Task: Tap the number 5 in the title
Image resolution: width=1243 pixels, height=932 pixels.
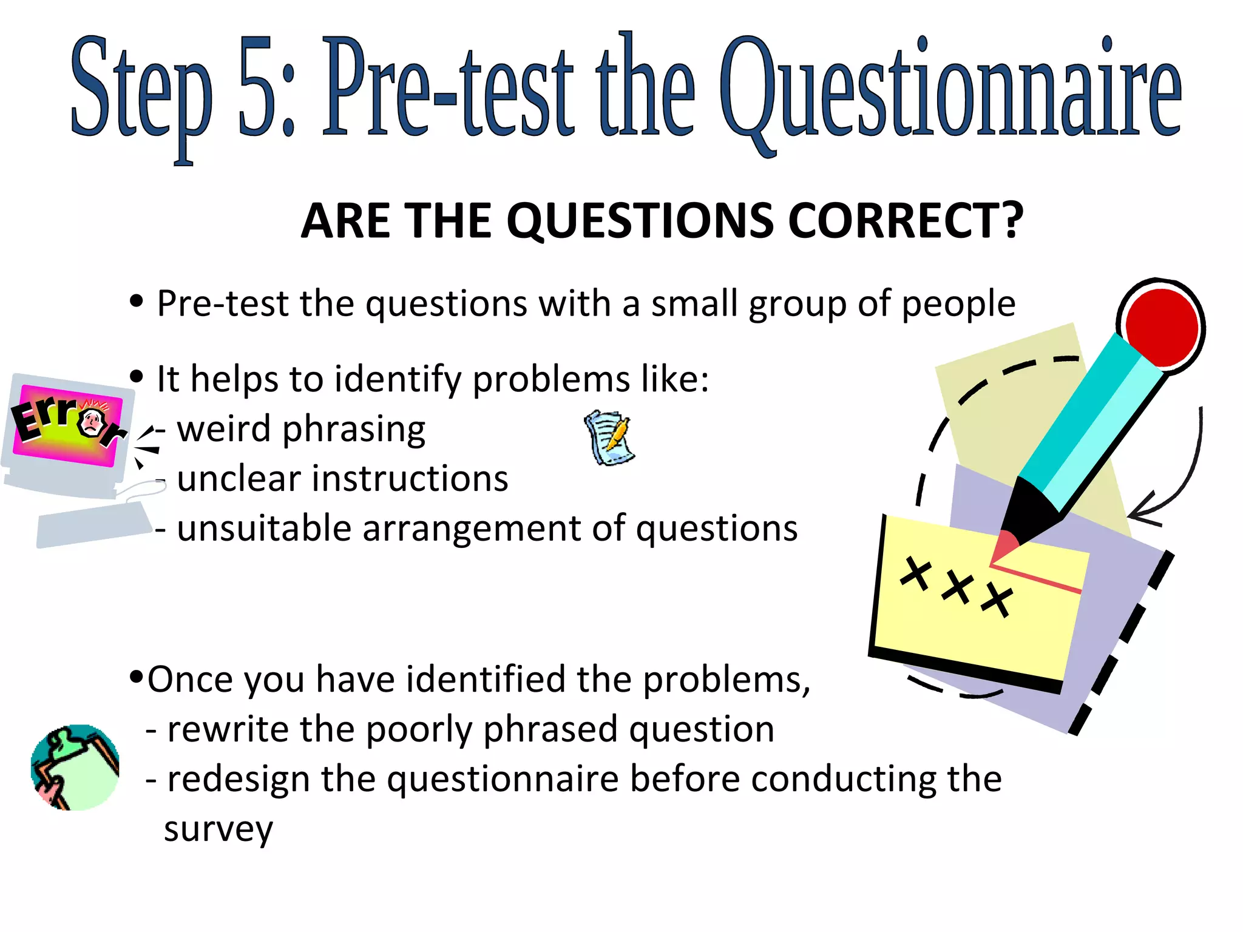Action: pyautogui.click(x=257, y=88)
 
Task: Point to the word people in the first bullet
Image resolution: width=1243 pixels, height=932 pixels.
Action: pyautogui.click(x=958, y=304)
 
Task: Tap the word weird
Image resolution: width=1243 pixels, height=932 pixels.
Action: pyautogui.click(x=223, y=429)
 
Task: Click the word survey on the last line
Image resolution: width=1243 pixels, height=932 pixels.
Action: pyautogui.click(x=218, y=829)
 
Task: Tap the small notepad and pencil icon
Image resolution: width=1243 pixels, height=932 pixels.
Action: pyautogui.click(x=609, y=437)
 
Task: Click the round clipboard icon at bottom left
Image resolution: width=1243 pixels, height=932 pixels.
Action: pyautogui.click(x=75, y=768)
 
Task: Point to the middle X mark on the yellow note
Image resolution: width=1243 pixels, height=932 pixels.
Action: pyautogui.click(x=957, y=586)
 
